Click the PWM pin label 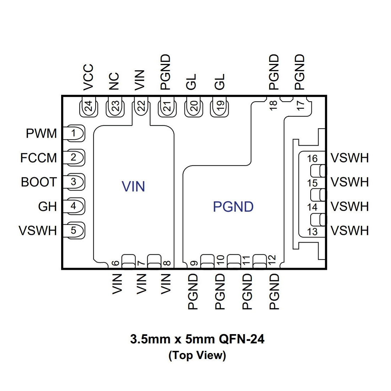point(41,133)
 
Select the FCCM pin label point(39,158)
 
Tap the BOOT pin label point(39,182)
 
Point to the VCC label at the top point(88,77)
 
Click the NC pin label point(114,81)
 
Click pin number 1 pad point(74,133)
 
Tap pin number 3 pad point(74,182)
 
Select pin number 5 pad point(74,230)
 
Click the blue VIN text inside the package point(133,187)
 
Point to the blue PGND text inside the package point(233,207)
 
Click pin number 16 point(312,159)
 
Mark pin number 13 point(312,232)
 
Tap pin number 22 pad point(141,106)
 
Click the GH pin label point(47,207)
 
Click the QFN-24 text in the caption point(241,339)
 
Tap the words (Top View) point(197,355)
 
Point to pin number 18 point(274,105)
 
